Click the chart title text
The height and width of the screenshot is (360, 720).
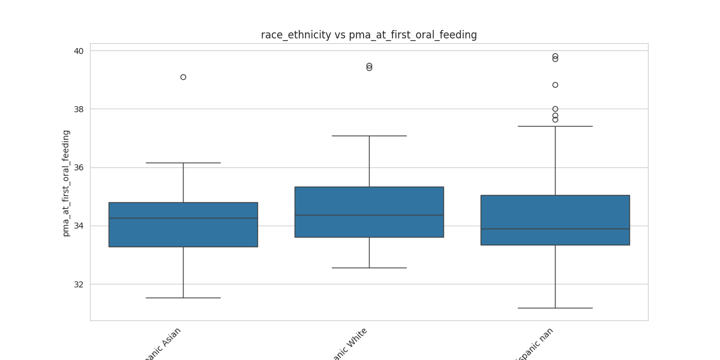tap(368, 35)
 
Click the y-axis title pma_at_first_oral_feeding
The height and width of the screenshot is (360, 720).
tap(66, 183)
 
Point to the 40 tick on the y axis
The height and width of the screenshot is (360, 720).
tap(79, 51)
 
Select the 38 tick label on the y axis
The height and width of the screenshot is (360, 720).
tap(79, 109)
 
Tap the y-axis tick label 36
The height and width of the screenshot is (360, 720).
tap(79, 167)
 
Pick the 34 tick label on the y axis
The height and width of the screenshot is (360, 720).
tap(79, 226)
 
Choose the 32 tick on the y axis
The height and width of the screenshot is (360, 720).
tap(79, 284)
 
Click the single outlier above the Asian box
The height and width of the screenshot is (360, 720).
tap(183, 77)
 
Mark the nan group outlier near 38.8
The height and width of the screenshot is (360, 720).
tap(555, 85)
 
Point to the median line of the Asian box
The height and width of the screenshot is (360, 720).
tap(183, 218)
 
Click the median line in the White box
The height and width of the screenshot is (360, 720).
tap(369, 215)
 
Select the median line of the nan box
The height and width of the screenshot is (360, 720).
tap(555, 229)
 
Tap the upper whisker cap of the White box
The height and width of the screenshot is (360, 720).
tap(369, 136)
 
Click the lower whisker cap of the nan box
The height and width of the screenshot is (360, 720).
tap(555, 308)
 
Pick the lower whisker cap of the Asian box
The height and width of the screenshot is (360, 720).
tap(183, 298)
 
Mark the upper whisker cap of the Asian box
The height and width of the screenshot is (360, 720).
tap(183, 163)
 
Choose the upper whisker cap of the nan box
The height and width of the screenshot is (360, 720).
tap(555, 126)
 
